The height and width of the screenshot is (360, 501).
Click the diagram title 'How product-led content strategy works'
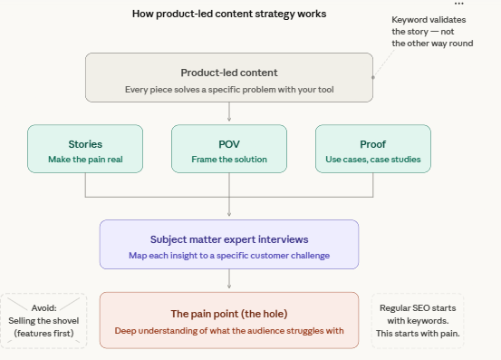pyautogui.click(x=229, y=14)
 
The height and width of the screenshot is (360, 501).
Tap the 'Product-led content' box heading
pyautogui.click(x=228, y=73)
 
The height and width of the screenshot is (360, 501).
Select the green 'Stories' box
pyautogui.click(x=85, y=150)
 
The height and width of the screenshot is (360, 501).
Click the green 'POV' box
pyautogui.click(x=228, y=150)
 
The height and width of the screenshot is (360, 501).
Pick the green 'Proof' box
pyautogui.click(x=372, y=150)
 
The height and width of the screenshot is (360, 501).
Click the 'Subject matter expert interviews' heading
pyautogui.click(x=228, y=239)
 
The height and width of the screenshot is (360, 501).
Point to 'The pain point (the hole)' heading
pyautogui.click(x=228, y=314)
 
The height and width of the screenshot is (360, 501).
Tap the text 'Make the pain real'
pyautogui.click(x=85, y=160)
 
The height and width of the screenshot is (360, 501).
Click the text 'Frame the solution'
pyautogui.click(x=228, y=160)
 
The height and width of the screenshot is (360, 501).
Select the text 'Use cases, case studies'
pyautogui.click(x=372, y=160)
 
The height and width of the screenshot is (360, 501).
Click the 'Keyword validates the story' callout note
pyautogui.click(x=432, y=32)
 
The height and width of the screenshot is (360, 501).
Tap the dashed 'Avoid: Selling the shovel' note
pyautogui.click(x=43, y=320)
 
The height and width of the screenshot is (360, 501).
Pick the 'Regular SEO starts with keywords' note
pyautogui.click(x=418, y=320)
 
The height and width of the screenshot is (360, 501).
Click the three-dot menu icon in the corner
pyautogui.click(x=458, y=5)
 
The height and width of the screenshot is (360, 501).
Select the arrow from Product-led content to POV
pyautogui.click(x=228, y=112)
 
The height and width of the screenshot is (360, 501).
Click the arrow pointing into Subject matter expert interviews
pyautogui.click(x=228, y=209)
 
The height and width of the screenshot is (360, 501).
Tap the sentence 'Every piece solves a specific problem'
pyautogui.click(x=228, y=90)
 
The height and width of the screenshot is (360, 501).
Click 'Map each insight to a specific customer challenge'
pyautogui.click(x=228, y=256)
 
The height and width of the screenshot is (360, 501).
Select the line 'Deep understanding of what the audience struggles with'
pyautogui.click(x=228, y=330)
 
